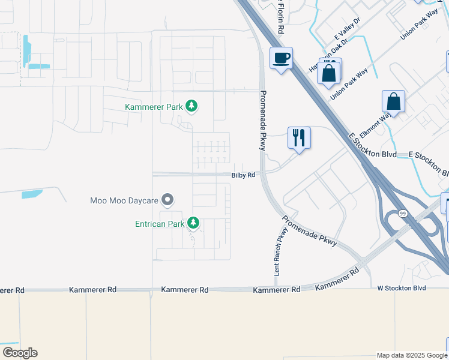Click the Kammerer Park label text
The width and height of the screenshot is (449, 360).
[153, 107]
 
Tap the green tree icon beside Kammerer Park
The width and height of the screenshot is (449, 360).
[191, 106]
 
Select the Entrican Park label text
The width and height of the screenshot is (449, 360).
[160, 224]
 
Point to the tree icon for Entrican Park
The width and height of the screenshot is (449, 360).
[193, 223]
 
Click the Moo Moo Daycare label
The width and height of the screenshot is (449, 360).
[124, 200]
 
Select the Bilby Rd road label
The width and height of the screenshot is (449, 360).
[244, 175]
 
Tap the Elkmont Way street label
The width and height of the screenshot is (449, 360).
[377, 124]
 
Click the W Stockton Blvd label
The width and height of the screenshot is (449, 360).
[401, 288]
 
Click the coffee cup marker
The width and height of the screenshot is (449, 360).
[281, 58]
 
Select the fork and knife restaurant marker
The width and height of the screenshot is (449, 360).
[298, 137]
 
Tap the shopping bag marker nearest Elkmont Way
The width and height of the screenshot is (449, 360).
[393, 101]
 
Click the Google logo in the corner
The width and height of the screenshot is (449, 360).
[20, 353]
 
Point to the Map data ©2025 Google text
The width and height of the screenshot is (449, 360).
[411, 355]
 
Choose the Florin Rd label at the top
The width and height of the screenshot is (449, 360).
[280, 17]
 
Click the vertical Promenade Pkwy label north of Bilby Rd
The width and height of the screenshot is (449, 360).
[262, 120]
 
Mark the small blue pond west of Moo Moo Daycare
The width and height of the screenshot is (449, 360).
[32, 194]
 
